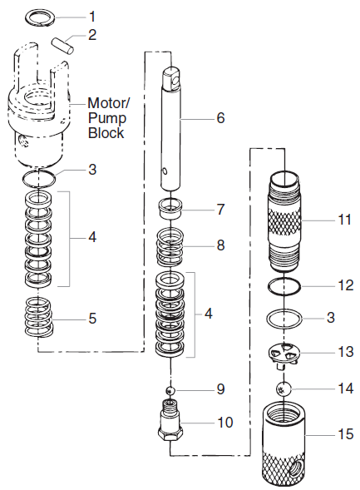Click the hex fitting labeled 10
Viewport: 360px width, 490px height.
pos(170,422)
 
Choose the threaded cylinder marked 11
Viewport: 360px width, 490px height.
pos(284,221)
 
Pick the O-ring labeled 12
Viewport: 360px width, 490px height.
pos(284,285)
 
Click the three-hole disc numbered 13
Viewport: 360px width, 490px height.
pos(284,355)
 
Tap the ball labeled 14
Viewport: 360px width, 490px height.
pos(284,387)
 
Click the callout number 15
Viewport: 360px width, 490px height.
pos(343,433)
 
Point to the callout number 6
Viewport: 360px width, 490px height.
pos(220,118)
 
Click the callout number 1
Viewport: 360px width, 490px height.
pos(92,16)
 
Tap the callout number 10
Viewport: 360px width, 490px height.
pos(224,422)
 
